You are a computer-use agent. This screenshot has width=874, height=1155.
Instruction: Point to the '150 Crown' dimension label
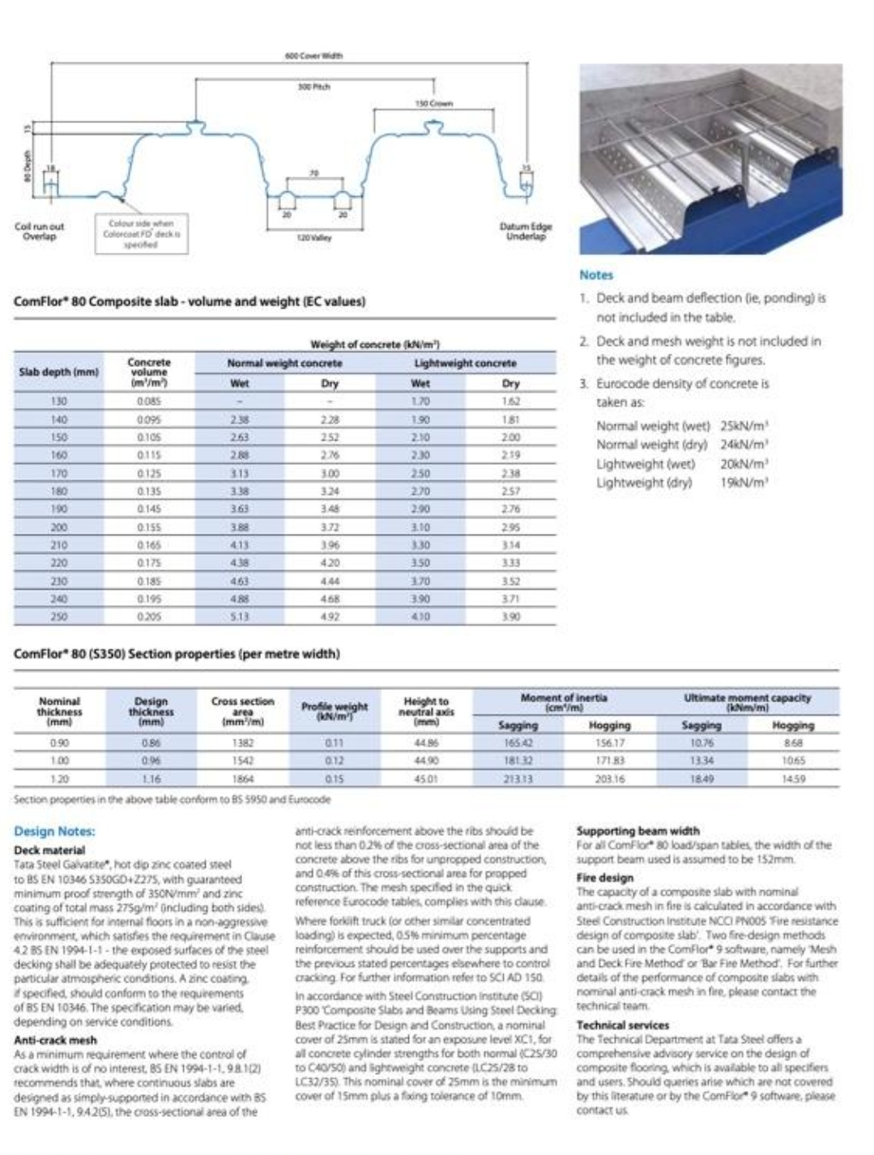pos(434,104)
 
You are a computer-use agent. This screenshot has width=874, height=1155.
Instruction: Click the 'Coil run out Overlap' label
pos(39,232)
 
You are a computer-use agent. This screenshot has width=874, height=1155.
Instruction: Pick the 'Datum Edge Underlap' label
pos(526,232)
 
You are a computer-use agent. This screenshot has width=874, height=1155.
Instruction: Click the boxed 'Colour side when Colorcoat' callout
pos(142,233)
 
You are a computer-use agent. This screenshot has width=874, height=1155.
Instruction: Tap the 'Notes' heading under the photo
pos(596,275)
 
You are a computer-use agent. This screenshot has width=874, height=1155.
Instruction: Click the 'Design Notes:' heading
pos(54,831)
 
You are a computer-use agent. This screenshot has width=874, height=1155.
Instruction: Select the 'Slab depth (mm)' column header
pos(58,372)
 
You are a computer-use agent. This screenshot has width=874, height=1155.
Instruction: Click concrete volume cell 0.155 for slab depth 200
pos(149,527)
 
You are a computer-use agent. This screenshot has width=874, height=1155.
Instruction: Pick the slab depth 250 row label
pos(58,616)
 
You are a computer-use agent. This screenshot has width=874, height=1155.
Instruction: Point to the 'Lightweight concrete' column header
pos(465,364)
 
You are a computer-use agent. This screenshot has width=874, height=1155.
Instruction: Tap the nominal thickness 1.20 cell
pos(59,778)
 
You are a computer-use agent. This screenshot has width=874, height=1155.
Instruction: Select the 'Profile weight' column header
pos(335,707)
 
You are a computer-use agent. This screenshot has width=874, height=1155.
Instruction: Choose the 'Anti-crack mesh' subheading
pos(55,1040)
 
